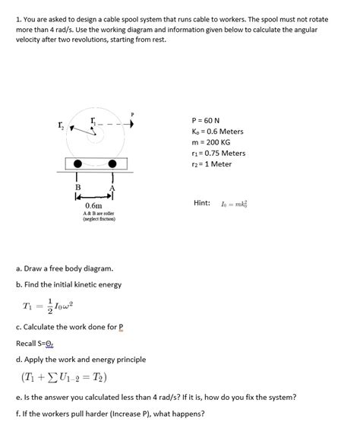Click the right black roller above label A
point(113,164)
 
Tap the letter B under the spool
point(77,186)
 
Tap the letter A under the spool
point(112,188)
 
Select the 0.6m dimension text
point(94,207)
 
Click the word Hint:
point(207,202)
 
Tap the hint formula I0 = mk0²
point(240,203)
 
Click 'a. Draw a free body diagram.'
point(65,268)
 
